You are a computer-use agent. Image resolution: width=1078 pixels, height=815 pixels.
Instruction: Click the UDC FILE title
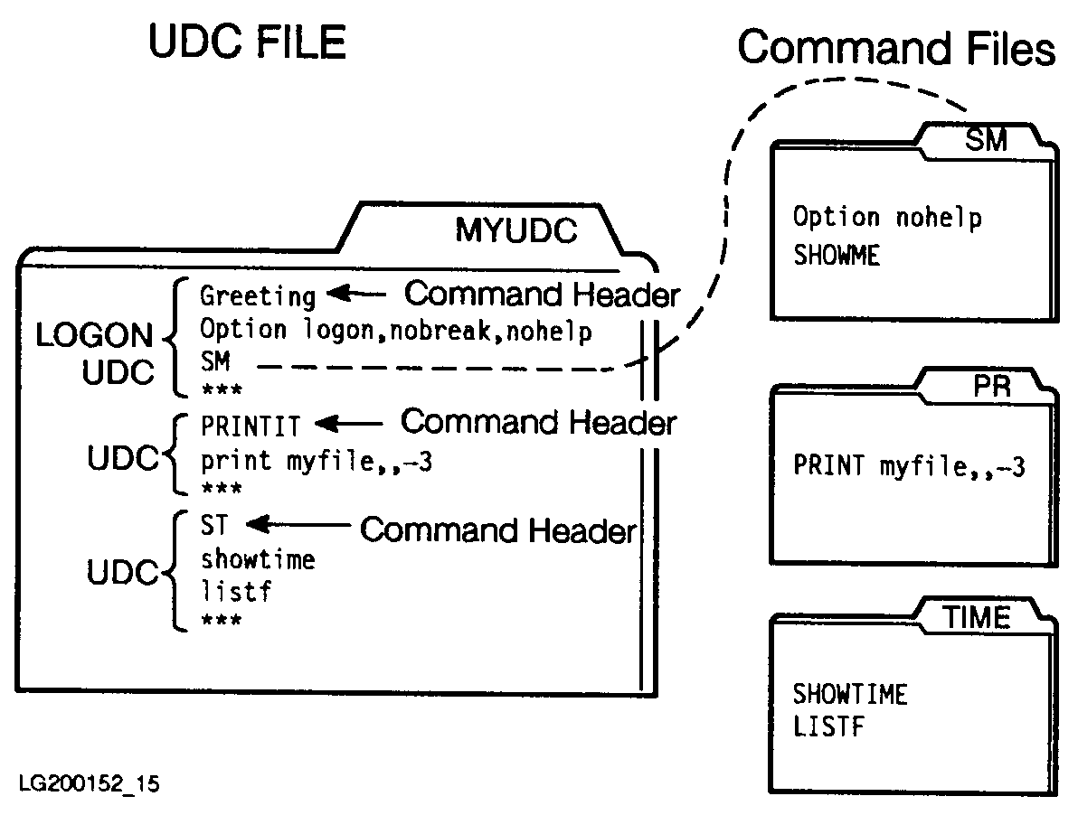247,42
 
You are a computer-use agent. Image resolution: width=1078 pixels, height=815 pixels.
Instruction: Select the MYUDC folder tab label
515,231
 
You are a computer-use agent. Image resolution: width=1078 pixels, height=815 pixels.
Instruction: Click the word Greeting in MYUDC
258,295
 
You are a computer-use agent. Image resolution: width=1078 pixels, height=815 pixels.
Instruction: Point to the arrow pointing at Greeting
358,294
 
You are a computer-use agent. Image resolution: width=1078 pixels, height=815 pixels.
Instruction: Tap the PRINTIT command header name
250,424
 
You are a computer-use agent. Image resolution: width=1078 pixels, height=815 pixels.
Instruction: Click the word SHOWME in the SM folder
837,256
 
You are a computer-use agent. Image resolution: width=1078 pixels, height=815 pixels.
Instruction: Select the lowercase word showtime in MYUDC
258,559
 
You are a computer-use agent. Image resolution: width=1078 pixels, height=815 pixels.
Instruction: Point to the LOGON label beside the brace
95,336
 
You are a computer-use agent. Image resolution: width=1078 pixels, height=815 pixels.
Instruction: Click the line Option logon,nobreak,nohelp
396,331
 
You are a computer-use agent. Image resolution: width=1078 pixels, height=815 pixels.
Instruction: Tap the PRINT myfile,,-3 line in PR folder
909,466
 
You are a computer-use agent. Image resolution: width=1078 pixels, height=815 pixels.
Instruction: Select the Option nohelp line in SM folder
887,218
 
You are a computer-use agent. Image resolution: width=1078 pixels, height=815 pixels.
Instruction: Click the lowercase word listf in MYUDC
236,593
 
